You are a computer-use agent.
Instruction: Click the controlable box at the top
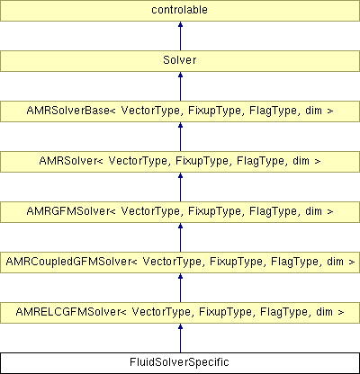(x=180, y=11)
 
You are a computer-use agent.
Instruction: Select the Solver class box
(x=180, y=61)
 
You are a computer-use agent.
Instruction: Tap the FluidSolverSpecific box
(x=180, y=363)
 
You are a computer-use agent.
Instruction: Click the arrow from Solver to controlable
(x=180, y=36)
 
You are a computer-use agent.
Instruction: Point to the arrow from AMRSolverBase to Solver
(x=180, y=86)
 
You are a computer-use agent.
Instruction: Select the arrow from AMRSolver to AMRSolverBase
(x=180, y=137)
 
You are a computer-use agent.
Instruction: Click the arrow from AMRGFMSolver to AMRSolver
(x=180, y=187)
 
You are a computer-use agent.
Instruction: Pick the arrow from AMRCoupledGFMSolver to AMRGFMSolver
(x=180, y=237)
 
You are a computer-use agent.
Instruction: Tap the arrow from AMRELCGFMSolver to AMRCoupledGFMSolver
(x=180, y=288)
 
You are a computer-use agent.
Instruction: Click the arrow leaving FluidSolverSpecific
(x=180, y=338)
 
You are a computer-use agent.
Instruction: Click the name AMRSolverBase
(x=68, y=111)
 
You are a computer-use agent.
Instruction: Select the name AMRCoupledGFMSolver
(x=68, y=262)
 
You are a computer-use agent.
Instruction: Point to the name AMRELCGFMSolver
(x=68, y=312)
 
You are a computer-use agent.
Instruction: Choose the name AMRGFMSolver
(x=68, y=211)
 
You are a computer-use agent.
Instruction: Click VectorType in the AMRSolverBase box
(x=151, y=111)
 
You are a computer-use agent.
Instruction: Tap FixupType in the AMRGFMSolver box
(x=214, y=212)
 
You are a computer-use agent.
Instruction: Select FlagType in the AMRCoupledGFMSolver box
(x=295, y=263)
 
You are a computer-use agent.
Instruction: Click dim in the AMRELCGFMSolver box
(x=325, y=312)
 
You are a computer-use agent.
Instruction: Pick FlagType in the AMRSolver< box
(x=261, y=162)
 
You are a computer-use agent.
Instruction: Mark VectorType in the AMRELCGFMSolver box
(x=162, y=313)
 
